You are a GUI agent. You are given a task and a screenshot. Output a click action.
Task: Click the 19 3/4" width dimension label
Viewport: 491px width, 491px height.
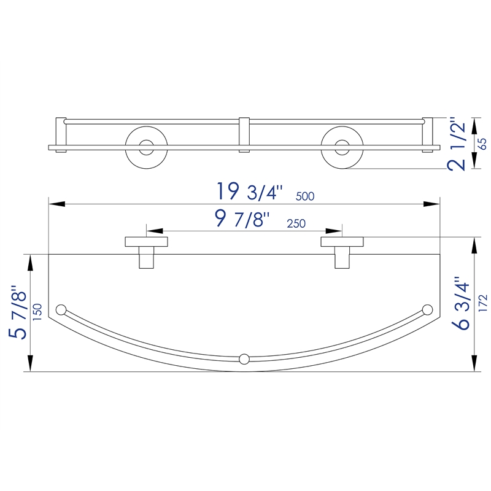pyautogui.click(x=250, y=191)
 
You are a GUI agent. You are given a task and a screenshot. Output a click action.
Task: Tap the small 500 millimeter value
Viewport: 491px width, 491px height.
pyautogui.click(x=305, y=196)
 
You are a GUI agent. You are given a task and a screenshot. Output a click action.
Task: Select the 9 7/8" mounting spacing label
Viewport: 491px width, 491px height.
pyautogui.click(x=242, y=219)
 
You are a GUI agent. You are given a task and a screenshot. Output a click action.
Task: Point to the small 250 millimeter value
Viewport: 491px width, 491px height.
pyautogui.click(x=296, y=223)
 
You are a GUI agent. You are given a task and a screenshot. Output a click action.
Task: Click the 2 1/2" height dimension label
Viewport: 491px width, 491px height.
pyautogui.click(x=457, y=144)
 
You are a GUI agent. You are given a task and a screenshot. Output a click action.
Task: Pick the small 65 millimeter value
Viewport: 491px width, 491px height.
pyautogui.click(x=483, y=144)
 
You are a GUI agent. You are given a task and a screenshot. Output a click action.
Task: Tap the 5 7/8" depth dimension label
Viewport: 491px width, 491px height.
pyautogui.click(x=18, y=312)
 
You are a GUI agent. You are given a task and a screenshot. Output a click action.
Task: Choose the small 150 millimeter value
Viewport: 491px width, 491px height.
pyautogui.click(x=37, y=312)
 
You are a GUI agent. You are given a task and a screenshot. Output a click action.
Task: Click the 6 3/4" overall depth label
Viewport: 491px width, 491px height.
pyautogui.click(x=461, y=303)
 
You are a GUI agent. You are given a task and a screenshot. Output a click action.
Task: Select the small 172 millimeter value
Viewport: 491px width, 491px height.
pyautogui.click(x=483, y=303)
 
